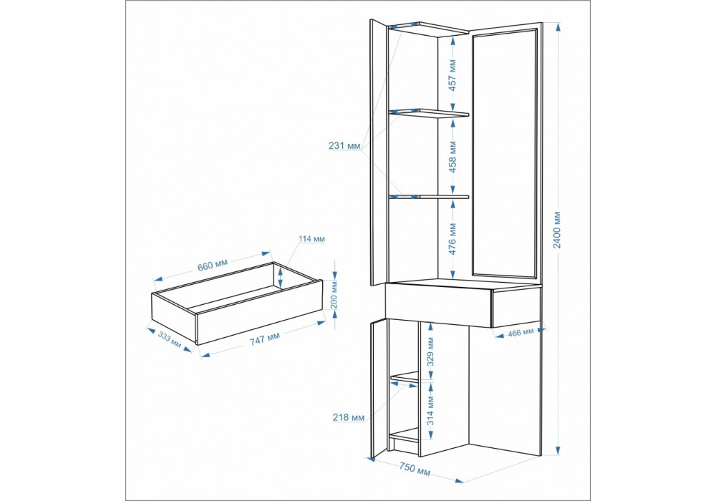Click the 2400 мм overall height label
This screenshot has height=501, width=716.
[558, 230]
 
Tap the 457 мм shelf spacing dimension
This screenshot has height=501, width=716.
[453, 75]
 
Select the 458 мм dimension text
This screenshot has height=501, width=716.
[453, 157]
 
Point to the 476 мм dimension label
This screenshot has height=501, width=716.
[453, 239]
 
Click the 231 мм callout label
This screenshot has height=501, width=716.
[345, 146]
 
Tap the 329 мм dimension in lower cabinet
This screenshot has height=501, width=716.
[430, 352]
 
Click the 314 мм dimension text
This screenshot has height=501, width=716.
[430, 411]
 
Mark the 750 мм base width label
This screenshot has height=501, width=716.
[415, 469]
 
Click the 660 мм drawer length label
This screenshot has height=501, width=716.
[212, 265]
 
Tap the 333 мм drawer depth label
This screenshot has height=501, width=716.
[170, 339]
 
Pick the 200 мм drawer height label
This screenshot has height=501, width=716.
[334, 295]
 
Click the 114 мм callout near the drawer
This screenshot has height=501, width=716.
[312, 238]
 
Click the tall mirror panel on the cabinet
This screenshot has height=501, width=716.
[505, 154]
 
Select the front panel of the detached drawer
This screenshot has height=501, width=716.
[259, 312]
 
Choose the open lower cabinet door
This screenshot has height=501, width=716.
[377, 389]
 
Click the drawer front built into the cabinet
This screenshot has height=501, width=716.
[516, 306]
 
